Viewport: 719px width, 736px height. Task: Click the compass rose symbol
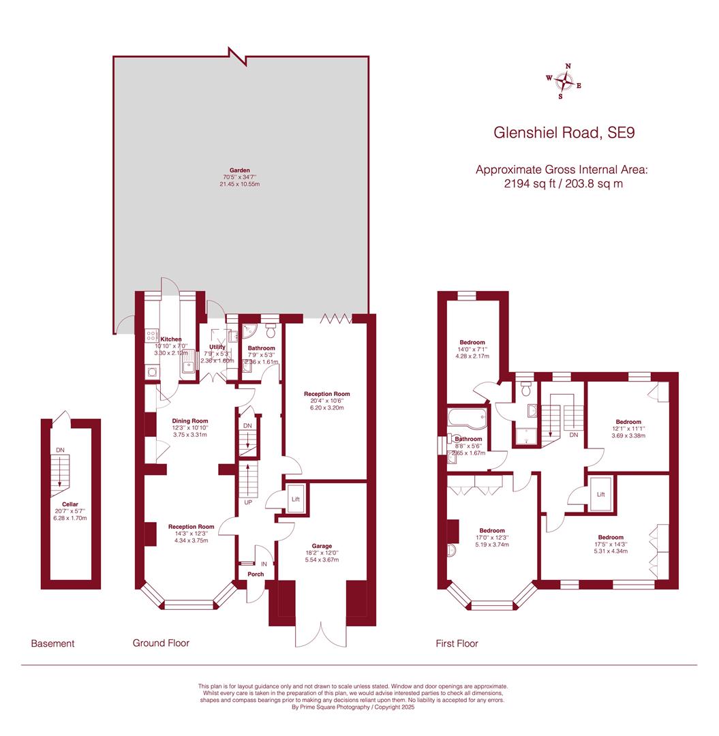pos(564,81)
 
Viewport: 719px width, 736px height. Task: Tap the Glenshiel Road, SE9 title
pos(564,132)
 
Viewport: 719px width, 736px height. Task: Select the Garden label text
pos(239,170)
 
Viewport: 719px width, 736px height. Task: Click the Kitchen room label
pos(170,339)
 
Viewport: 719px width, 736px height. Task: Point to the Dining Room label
pos(190,420)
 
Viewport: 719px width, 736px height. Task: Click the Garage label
pos(322,546)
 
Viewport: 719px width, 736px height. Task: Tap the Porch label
pos(256,574)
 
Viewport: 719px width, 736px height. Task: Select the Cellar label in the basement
pos(70,504)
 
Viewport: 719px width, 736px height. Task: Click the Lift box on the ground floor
pos(296,500)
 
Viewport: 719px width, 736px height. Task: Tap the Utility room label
pos(217,347)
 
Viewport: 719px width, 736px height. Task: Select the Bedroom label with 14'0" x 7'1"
pos(472,342)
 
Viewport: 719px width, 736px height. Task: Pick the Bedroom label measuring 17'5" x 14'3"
pos(611,537)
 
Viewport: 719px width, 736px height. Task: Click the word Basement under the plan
pos(52,643)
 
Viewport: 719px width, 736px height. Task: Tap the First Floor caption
pos(457,643)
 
